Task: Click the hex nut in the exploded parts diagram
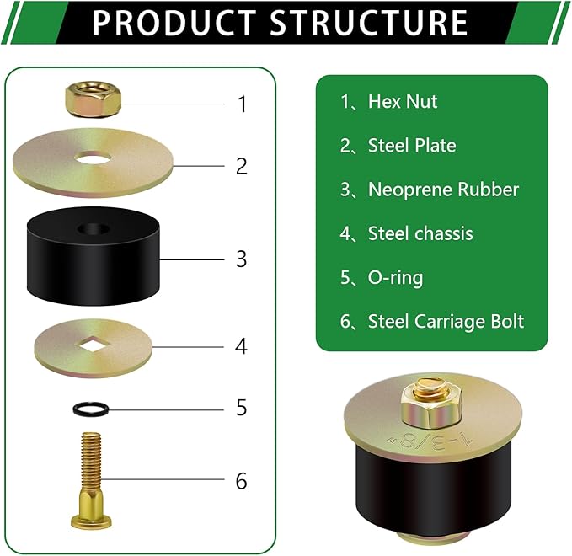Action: tap(93, 99)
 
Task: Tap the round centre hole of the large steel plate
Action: tap(93, 158)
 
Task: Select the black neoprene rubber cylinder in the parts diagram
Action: tap(93, 256)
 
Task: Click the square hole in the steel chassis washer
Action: tap(93, 345)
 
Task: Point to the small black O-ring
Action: tap(91, 409)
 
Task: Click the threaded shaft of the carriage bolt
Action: tap(91, 461)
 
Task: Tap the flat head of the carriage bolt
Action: tap(91, 522)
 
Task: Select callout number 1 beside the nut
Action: tap(243, 104)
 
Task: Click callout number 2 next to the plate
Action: tap(242, 166)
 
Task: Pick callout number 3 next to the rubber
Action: tap(242, 259)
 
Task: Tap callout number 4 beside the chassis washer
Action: tap(241, 346)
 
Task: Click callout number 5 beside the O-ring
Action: tap(242, 408)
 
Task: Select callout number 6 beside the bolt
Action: tap(242, 481)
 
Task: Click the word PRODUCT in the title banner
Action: tap(174, 23)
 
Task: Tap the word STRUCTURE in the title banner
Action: tap(369, 23)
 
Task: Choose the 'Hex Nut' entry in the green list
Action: tap(403, 101)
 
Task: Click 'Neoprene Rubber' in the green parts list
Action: tap(443, 190)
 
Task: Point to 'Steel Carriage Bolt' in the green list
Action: tap(446, 322)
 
